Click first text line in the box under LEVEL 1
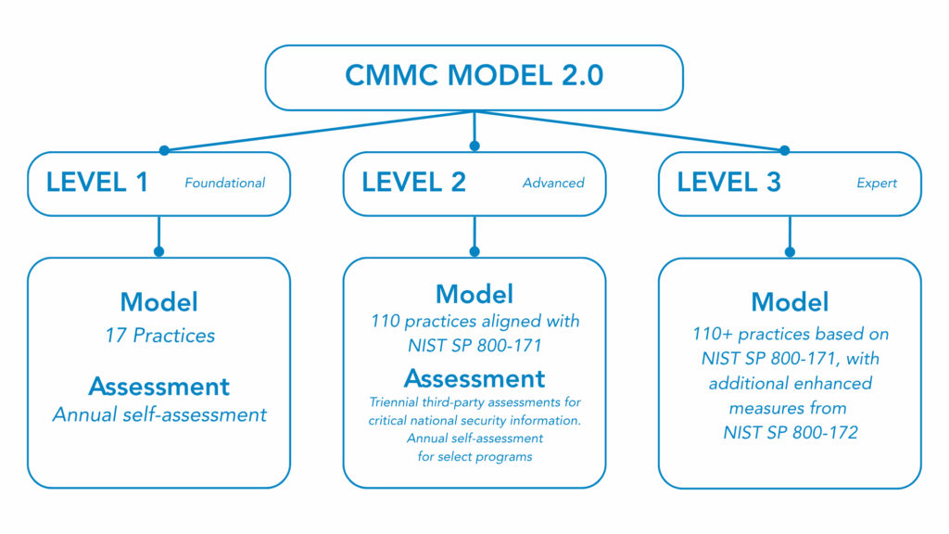coord(158,302)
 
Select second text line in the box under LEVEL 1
coord(158,334)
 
